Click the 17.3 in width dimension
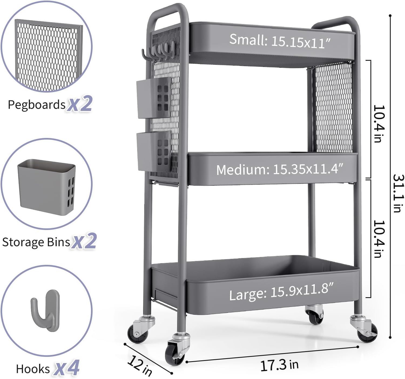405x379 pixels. coord(279,365)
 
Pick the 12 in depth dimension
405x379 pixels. coord(140,366)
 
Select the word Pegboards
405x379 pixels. coord(36,105)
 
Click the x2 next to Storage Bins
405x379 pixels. coord(85,241)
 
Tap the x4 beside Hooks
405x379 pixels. coord(67,368)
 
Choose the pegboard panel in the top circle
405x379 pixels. coord(48,55)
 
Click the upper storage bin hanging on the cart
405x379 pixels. coord(154,98)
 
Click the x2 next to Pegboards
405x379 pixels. coord(80,104)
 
